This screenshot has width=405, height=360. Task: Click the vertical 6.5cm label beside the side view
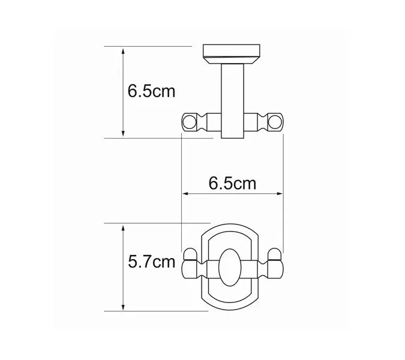pyautogui.click(x=151, y=92)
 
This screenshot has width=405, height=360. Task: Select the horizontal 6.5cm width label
pyautogui.click(x=232, y=182)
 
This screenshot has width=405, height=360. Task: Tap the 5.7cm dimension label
pyautogui.click(x=151, y=262)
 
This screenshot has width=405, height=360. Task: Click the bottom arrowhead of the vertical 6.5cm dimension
pyautogui.click(x=123, y=134)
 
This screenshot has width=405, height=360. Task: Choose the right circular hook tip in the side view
pyautogui.click(x=276, y=122)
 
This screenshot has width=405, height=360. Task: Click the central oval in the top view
pyautogui.click(x=231, y=266)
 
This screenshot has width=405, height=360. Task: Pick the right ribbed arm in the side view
pyautogui.click(x=258, y=123)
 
